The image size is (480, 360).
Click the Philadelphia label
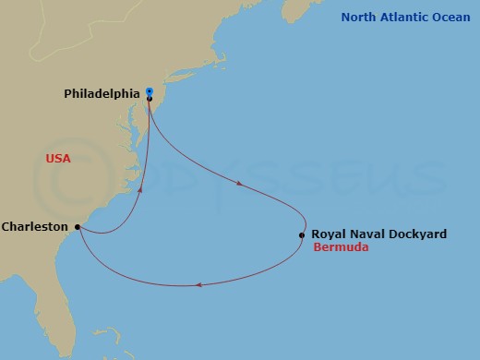click(102, 93)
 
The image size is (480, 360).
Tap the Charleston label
click(34, 226)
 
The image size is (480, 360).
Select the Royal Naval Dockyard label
click(378, 234)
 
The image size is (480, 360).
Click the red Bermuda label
click(341, 248)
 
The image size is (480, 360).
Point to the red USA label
click(59, 159)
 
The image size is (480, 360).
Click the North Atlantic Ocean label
click(405, 17)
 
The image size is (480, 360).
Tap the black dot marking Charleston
click(78, 226)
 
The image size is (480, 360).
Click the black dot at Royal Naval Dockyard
click(302, 235)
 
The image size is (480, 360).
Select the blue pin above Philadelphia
click(149, 91)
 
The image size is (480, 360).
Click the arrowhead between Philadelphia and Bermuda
click(240, 184)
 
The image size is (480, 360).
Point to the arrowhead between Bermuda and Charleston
click(199, 285)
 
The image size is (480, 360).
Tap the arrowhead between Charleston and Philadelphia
click(140, 189)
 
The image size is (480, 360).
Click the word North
click(358, 17)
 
